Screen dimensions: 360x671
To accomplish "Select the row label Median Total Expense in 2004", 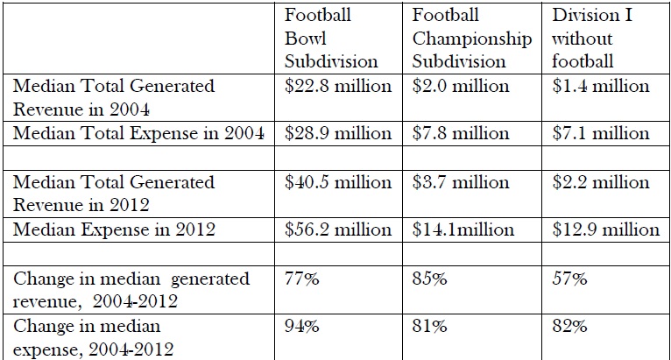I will pyautogui.click(x=140, y=133).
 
